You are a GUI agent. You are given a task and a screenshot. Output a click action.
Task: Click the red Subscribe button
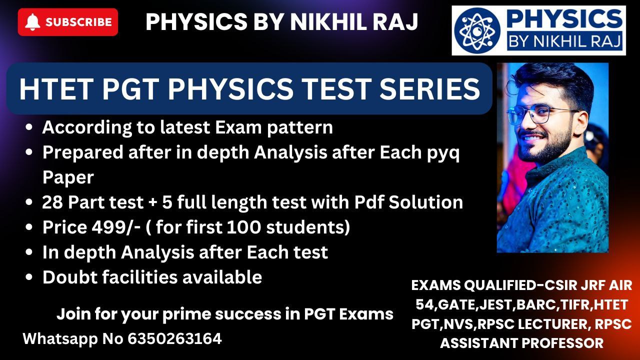(67, 22)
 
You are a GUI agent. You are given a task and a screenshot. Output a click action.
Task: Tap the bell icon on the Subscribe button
(32, 22)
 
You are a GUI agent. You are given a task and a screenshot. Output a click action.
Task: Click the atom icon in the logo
(477, 30)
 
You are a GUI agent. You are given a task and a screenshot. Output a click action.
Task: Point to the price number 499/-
(116, 227)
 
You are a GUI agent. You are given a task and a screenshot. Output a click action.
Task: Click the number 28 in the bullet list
(52, 202)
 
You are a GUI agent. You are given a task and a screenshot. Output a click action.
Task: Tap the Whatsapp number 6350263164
(174, 339)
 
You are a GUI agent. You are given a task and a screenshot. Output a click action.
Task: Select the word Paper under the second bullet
(68, 177)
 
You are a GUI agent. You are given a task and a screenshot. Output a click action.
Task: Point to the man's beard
(544, 145)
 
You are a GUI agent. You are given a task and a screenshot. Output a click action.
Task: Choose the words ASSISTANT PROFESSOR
(521, 343)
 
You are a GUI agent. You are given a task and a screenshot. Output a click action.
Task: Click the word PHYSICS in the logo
(564, 19)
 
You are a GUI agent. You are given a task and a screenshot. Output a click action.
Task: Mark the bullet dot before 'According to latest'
(29, 127)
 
